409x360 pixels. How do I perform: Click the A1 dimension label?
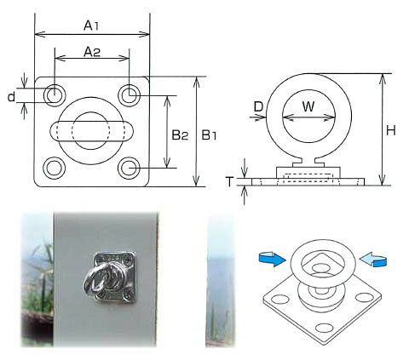click(91, 26)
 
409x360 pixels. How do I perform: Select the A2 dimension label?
click(92, 52)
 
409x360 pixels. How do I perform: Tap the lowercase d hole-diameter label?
click(11, 97)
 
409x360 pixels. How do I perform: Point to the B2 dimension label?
click(180, 135)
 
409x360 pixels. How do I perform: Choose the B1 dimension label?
click(209, 135)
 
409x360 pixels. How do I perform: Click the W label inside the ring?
click(308, 106)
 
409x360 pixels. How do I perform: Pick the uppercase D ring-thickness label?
click(258, 107)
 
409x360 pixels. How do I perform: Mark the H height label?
click(391, 131)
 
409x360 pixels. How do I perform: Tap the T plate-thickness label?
click(229, 181)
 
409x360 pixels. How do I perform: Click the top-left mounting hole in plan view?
click(54, 95)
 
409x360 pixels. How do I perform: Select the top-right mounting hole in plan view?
click(130, 95)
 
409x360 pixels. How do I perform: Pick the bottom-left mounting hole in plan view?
click(54, 169)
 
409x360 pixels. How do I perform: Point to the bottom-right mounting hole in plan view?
click(130, 169)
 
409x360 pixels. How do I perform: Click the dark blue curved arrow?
click(272, 259)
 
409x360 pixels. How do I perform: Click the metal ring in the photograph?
click(94, 279)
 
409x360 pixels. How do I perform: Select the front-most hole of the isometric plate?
click(325, 328)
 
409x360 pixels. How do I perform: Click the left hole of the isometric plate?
click(280, 300)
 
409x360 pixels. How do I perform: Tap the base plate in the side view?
click(308, 182)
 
